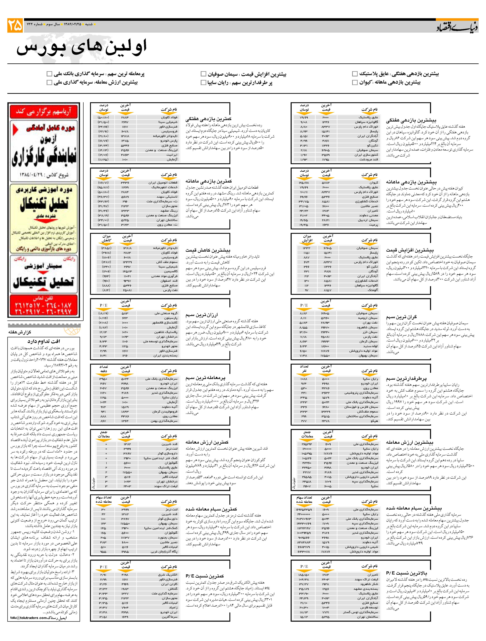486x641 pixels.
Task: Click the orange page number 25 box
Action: pyautogui.click(x=15, y=26)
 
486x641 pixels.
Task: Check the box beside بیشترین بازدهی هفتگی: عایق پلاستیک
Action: pyautogui.click(x=355, y=74)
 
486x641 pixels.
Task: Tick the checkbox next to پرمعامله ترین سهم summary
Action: pyautogui.click(x=49, y=74)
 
